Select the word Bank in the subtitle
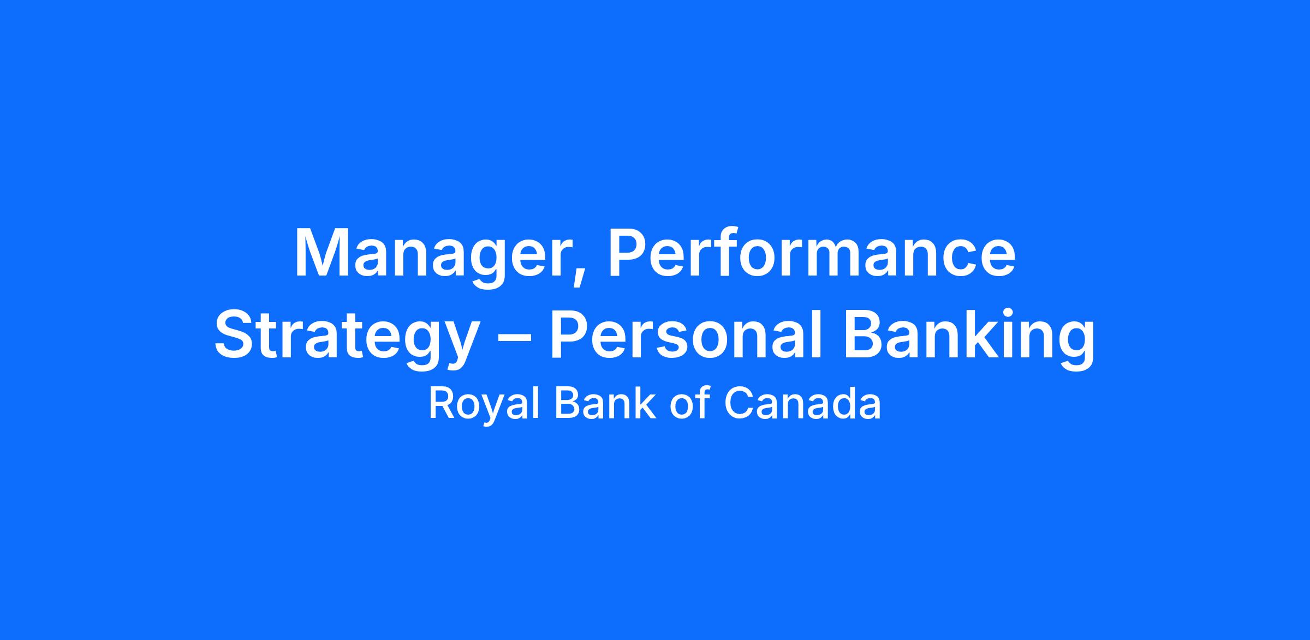point(605,404)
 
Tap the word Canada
point(802,404)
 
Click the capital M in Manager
point(321,252)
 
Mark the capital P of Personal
point(570,334)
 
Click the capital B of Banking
point(864,334)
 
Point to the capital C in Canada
point(739,404)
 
